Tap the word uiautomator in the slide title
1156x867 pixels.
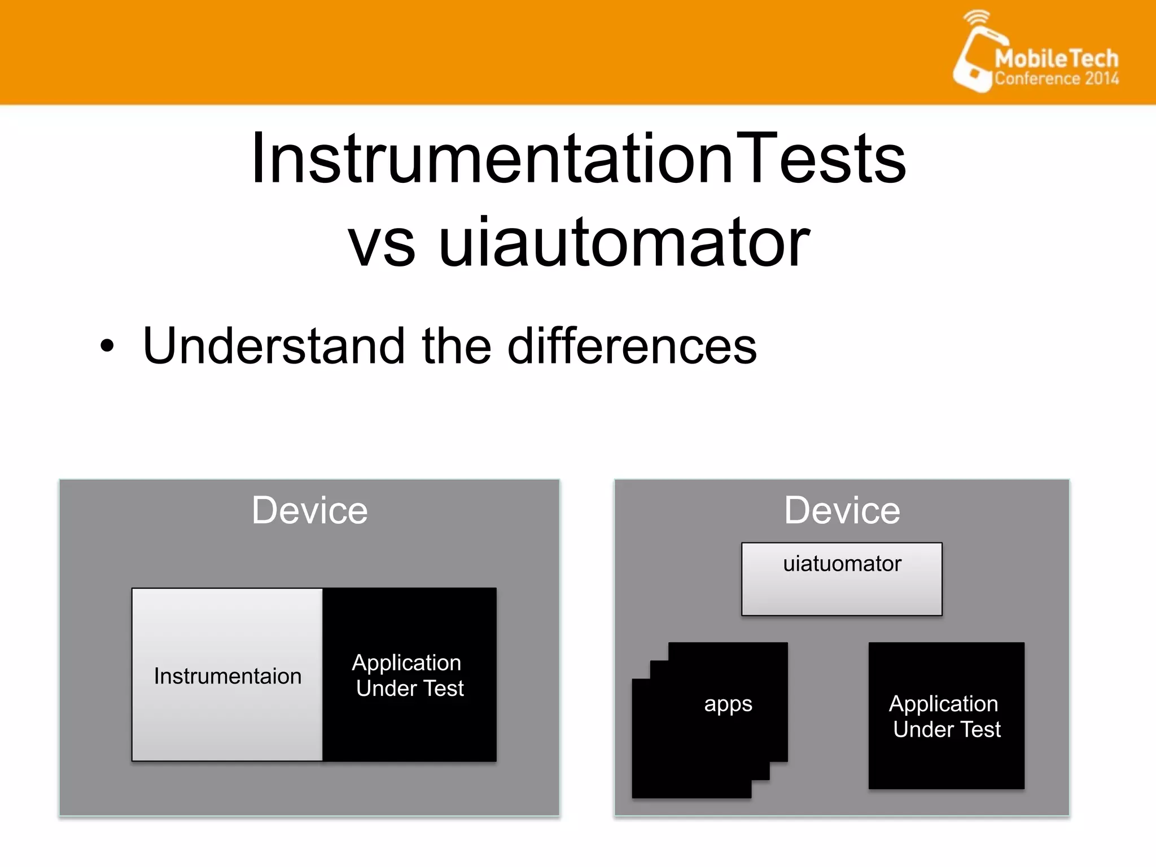click(624, 243)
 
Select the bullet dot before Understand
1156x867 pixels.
click(107, 345)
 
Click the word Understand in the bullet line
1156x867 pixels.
click(274, 345)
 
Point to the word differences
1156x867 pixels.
click(632, 345)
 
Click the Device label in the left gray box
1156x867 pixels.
click(309, 510)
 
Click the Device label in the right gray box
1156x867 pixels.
click(842, 510)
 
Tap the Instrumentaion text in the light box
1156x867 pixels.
click(227, 676)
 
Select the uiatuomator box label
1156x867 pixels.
click(842, 564)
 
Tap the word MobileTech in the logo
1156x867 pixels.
click(1056, 58)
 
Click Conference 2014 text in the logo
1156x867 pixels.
click(1056, 78)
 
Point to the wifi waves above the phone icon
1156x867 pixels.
click(977, 17)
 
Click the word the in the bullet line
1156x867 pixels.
click(456, 345)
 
